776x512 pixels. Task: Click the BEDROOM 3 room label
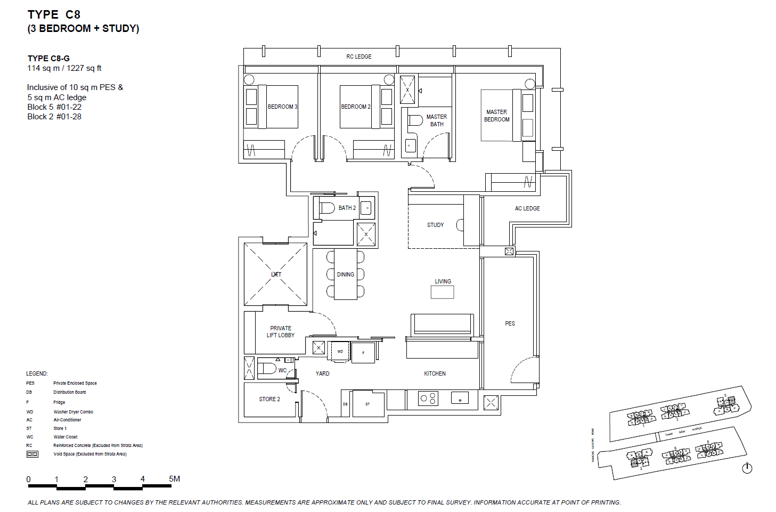point(282,107)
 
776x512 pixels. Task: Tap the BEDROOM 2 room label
point(356,107)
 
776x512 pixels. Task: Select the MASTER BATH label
point(437,120)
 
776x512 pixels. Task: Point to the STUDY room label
point(435,225)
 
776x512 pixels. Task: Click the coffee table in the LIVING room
point(442,292)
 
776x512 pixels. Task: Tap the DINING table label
point(345,274)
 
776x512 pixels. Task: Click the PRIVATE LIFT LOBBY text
point(281,332)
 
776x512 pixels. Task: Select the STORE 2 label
point(269,399)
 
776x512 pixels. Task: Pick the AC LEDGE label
point(527,208)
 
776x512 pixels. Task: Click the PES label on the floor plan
point(510,323)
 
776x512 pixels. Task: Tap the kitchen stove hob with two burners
point(428,399)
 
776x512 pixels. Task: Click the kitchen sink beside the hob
point(460,398)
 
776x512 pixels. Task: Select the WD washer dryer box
point(340,352)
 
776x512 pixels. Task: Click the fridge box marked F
point(363,353)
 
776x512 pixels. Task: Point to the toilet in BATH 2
point(326,207)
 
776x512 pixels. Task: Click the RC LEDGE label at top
point(359,56)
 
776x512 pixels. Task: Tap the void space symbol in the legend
point(32,454)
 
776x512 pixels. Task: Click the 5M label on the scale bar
point(174,478)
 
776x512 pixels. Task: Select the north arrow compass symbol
point(747,468)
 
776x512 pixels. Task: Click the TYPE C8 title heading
point(54,15)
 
